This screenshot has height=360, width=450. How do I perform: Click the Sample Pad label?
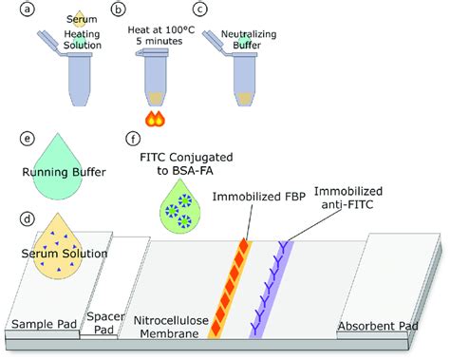39,324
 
